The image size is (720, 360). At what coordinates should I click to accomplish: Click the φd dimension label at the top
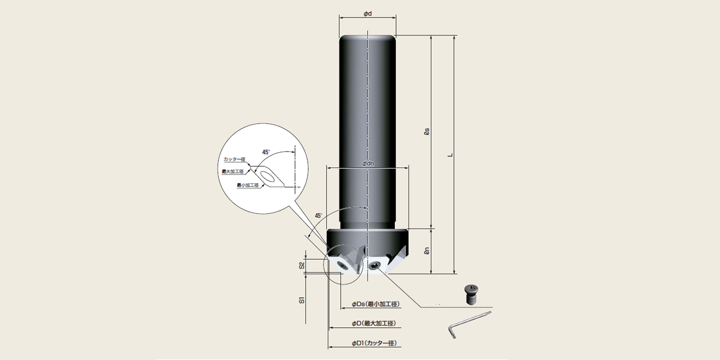point(368,13)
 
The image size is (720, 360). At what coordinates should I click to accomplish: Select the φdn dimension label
point(368,164)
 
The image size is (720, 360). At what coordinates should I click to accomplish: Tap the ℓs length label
point(427,131)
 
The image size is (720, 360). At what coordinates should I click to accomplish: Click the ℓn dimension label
point(427,251)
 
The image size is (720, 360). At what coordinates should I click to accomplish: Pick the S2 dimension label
point(302,265)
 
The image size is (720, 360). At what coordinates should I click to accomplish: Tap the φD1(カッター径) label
point(374,343)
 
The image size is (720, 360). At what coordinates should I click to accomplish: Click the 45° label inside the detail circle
point(267,152)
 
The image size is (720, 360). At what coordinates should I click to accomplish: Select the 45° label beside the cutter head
point(319,215)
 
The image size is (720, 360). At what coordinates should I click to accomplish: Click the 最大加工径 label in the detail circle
point(232,171)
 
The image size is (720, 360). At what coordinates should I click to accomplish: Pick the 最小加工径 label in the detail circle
point(248,185)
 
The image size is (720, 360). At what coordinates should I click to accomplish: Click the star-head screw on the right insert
point(375,266)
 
